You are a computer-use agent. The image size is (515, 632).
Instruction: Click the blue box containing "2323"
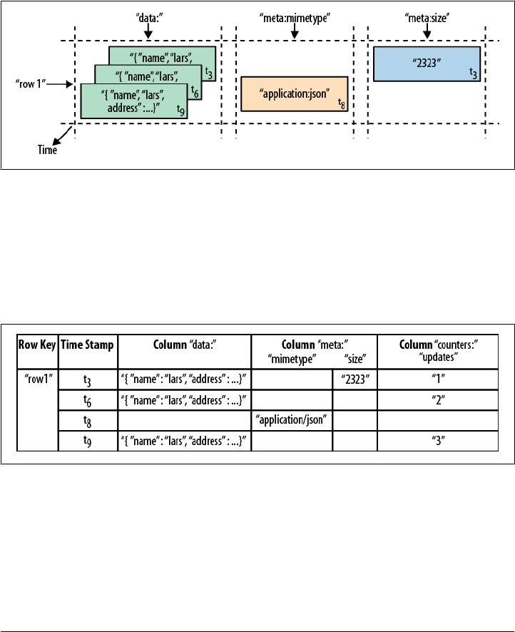(x=426, y=63)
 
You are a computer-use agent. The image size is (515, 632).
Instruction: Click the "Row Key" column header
(x=36, y=344)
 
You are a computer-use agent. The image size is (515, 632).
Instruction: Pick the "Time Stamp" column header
(x=88, y=344)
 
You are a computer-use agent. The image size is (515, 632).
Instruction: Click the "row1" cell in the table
(x=36, y=379)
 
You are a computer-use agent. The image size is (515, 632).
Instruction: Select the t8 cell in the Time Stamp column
(x=88, y=420)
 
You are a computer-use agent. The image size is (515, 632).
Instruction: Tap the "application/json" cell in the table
(x=292, y=420)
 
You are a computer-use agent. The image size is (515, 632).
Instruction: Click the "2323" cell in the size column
(x=355, y=379)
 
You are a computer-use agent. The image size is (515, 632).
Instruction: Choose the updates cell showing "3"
(x=438, y=442)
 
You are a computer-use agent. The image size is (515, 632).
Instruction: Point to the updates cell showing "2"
(x=438, y=399)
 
